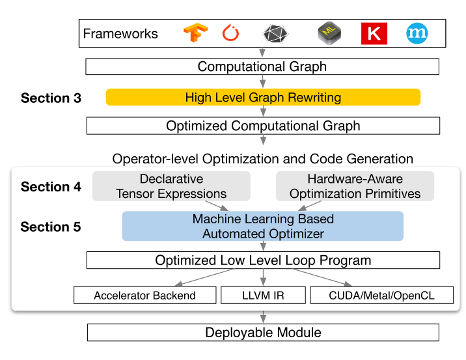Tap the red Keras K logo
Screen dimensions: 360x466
(374, 33)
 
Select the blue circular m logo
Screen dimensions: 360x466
(417, 33)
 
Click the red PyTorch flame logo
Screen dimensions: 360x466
(231, 33)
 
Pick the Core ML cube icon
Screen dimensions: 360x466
(329, 33)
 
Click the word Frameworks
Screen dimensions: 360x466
(121, 34)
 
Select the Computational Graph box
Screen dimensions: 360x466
(262, 66)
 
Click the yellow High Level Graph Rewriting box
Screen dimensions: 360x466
(263, 98)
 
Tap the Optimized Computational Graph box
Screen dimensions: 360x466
(263, 126)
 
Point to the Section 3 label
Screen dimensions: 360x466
(51, 98)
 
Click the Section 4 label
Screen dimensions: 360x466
(51, 187)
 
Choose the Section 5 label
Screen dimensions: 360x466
(51, 227)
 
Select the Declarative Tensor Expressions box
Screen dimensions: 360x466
(171, 186)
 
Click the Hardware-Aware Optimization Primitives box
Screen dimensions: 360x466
(355, 186)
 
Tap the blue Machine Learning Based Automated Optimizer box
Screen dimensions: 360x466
(263, 227)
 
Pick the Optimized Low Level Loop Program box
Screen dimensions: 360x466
(263, 260)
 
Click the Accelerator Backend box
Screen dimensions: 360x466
(144, 295)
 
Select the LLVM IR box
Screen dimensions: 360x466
(263, 295)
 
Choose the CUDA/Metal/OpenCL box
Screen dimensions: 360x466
(381, 295)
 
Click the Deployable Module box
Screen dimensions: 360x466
(263, 333)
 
